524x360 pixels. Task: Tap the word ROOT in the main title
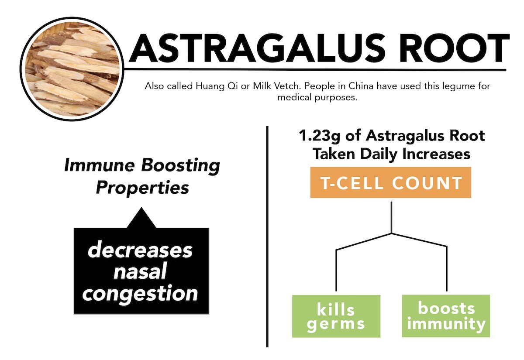(x=455, y=48)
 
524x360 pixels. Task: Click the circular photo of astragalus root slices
(x=72, y=69)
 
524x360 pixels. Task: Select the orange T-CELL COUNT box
(x=391, y=182)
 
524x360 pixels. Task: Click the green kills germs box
(x=336, y=316)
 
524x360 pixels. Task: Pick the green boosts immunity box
(x=446, y=316)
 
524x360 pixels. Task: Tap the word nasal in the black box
(x=140, y=271)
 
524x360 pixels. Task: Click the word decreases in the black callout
(x=140, y=250)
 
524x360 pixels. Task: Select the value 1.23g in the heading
(x=319, y=136)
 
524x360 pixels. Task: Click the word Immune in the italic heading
(x=100, y=165)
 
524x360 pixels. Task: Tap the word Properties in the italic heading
(x=142, y=188)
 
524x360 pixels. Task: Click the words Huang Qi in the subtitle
(x=217, y=86)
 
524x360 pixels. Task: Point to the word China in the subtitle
(x=361, y=86)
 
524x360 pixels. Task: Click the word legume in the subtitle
(x=459, y=87)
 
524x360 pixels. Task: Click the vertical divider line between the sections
(x=267, y=237)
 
